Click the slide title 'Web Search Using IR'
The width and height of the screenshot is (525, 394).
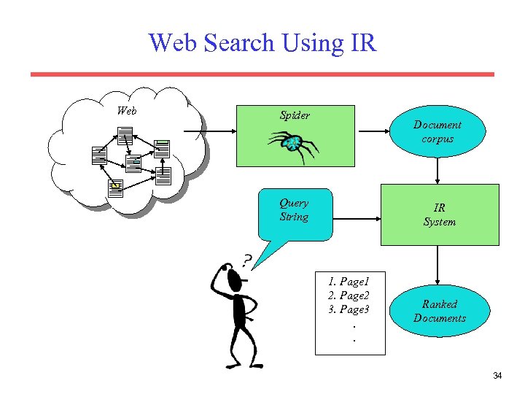coord(262,42)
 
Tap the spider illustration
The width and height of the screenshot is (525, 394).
coord(292,144)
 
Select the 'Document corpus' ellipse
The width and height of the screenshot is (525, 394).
coord(437,131)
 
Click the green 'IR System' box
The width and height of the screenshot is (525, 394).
coord(439,215)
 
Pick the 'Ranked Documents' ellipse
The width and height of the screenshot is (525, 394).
coord(439,311)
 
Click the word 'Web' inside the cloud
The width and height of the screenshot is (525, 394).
coord(127,111)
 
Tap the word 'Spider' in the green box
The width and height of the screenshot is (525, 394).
coord(295,115)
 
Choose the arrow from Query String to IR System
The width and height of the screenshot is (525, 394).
coord(357,217)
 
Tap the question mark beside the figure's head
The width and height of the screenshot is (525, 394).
coord(247,260)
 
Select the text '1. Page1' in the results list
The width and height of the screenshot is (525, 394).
coord(349,282)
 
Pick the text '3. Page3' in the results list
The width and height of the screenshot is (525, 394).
coord(349,309)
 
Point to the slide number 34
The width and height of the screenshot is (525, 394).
coord(497,376)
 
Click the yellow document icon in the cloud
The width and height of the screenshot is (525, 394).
coord(114,186)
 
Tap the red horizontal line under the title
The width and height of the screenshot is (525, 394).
coord(262,74)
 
